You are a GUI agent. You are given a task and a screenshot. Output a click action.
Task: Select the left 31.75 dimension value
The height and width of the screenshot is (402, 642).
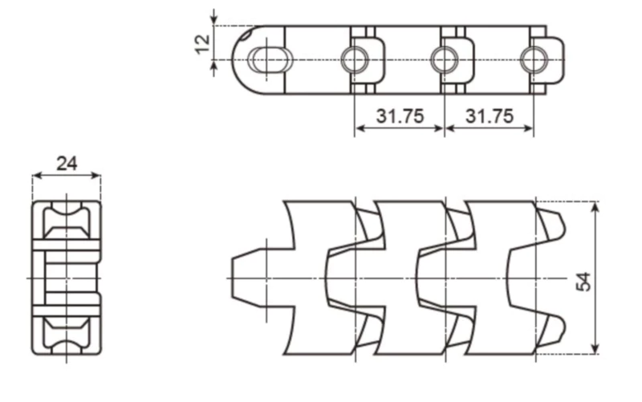coord(399,116)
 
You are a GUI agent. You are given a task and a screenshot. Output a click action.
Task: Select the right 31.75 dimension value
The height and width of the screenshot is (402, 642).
coord(489,116)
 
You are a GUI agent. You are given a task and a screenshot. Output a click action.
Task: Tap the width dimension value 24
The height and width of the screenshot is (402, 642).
coord(67,164)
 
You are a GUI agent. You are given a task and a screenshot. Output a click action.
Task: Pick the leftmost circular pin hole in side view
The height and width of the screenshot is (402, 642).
coord(354,59)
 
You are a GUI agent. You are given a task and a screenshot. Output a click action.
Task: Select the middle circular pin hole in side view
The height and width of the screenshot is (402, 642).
coord(444,59)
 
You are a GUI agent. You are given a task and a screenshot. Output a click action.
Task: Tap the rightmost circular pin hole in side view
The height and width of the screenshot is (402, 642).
coord(534,59)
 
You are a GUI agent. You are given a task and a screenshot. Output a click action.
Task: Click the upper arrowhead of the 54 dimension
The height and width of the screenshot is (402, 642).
coord(595,207)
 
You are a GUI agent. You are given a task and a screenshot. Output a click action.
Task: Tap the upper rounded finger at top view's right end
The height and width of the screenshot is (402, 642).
coord(551,225)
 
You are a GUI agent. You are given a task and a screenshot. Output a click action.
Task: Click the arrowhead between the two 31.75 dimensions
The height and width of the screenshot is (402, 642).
coord(444,128)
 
